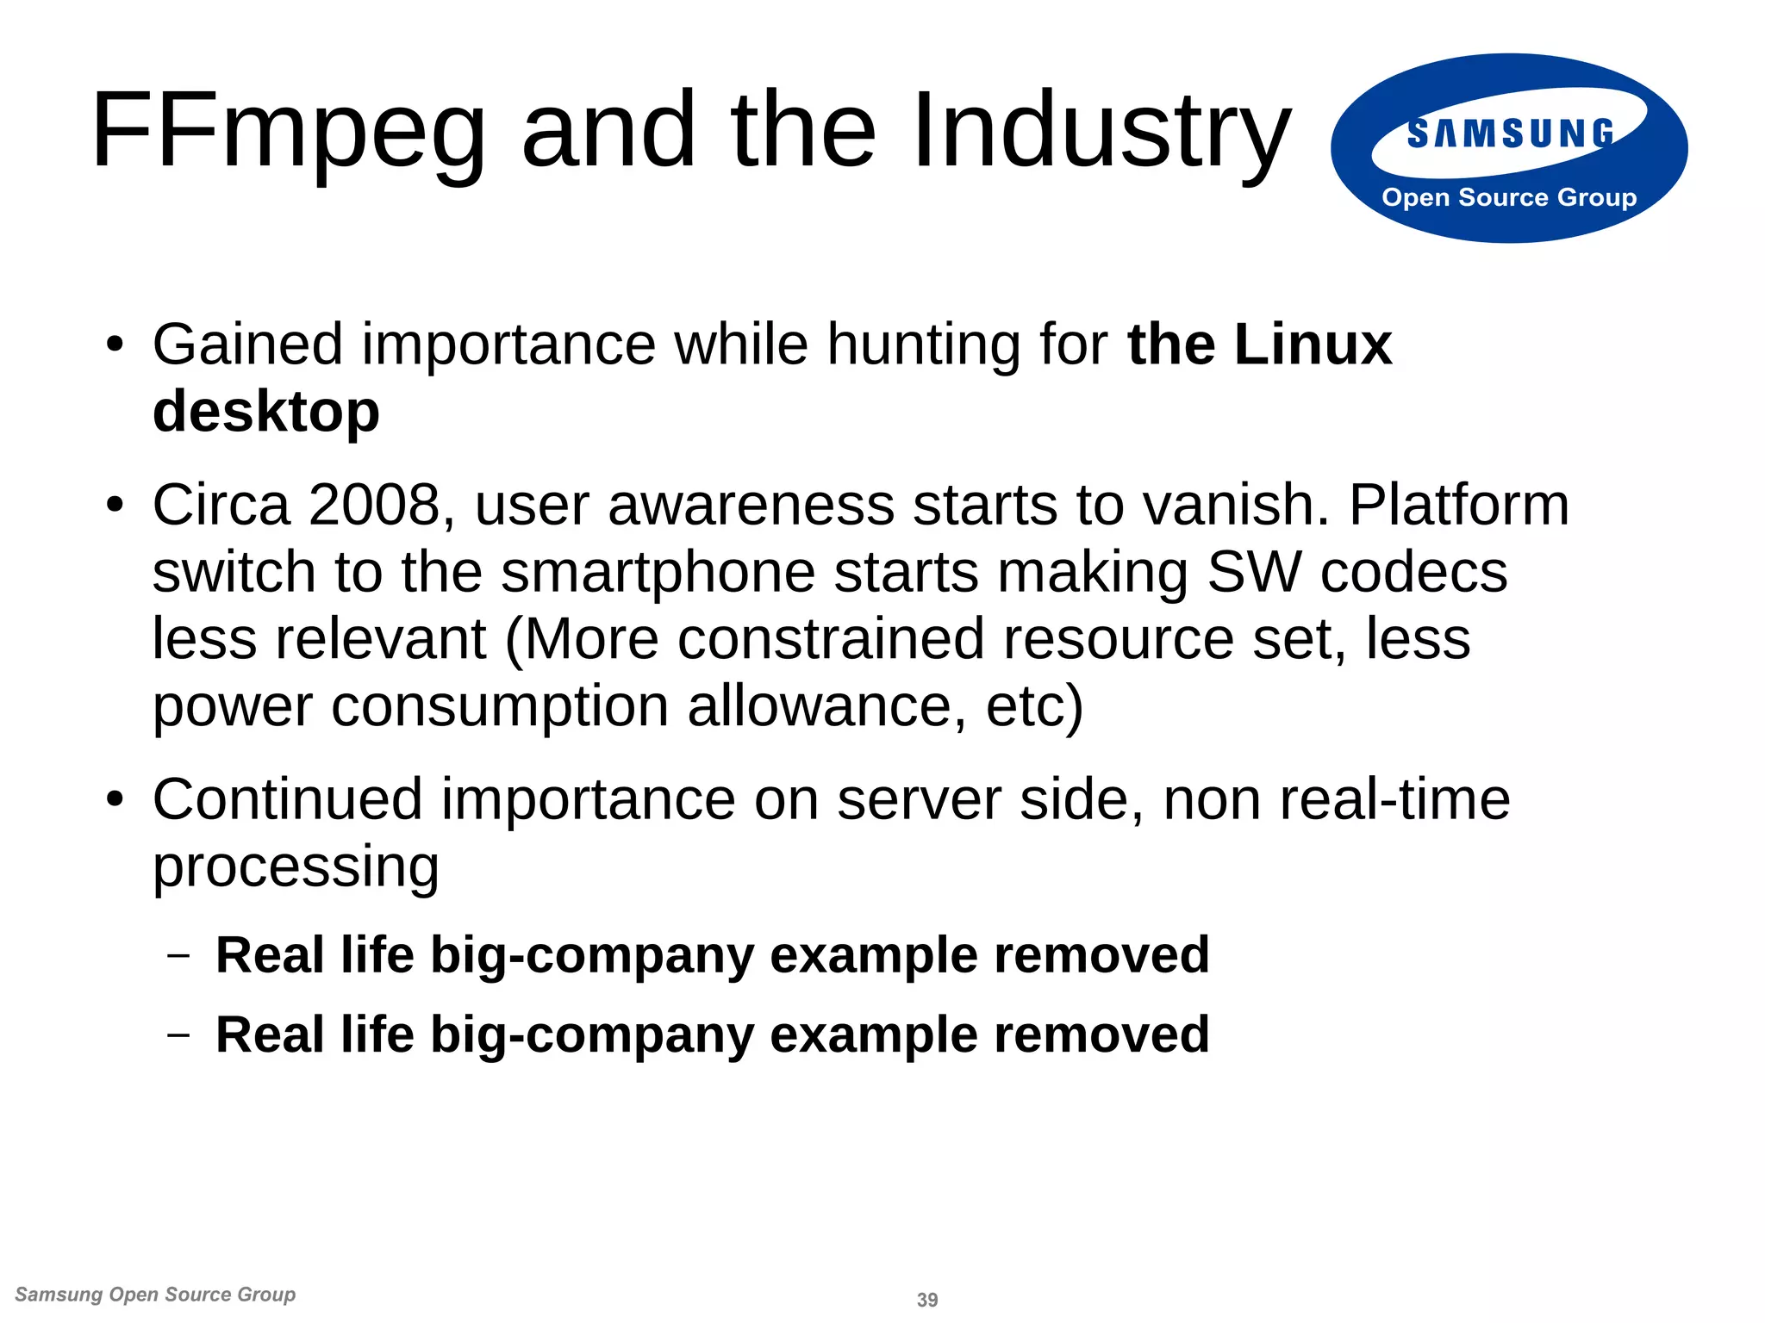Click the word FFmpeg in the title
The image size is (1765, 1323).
coord(289,131)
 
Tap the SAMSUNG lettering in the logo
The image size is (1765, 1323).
coord(1510,134)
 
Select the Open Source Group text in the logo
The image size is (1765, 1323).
coord(1509,197)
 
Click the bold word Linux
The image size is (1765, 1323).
coord(1313,345)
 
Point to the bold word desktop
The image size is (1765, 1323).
coord(265,412)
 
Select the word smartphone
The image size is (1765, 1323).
coord(658,572)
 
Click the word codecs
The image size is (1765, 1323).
coord(1413,572)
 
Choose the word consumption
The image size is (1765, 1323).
coord(500,706)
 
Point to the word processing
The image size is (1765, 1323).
coord(296,866)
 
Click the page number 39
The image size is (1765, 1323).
coord(927,1300)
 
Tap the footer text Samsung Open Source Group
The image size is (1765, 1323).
coord(155,1295)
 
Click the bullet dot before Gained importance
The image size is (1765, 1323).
coord(115,346)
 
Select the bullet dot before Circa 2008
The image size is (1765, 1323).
coord(115,506)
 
